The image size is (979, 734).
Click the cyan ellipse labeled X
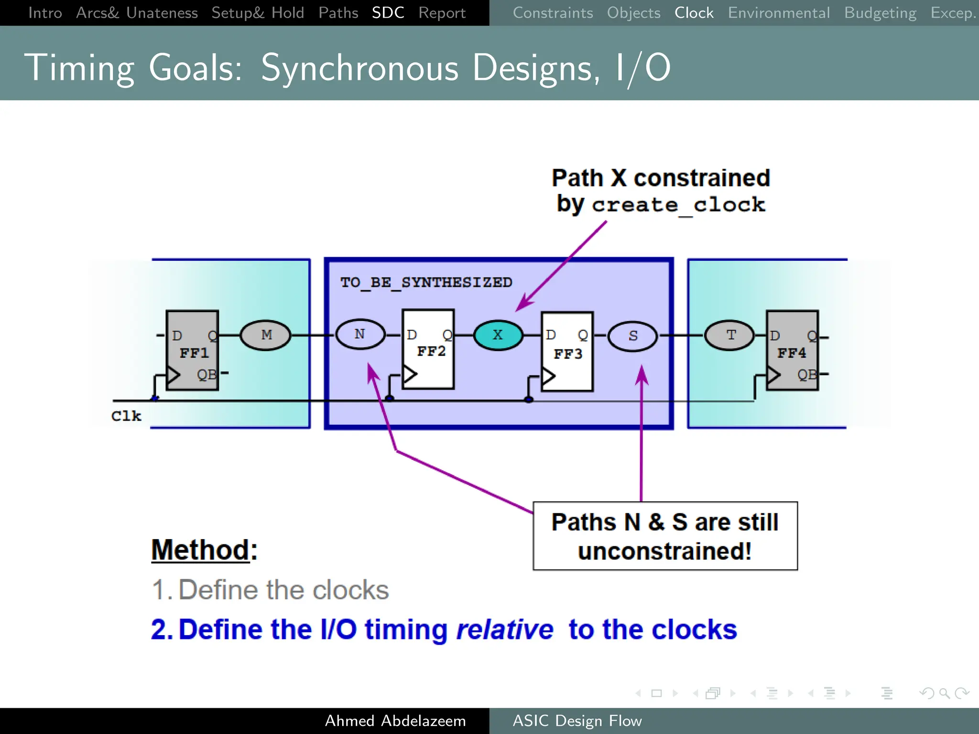click(x=498, y=335)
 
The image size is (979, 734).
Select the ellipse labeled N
click(x=360, y=335)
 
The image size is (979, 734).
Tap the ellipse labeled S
click(x=632, y=336)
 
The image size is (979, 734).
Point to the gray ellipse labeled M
click(x=266, y=335)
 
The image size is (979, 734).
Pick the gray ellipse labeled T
click(x=730, y=335)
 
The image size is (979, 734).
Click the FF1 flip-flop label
click(x=194, y=353)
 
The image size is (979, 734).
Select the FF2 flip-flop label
click(x=431, y=352)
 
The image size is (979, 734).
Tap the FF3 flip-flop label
click(x=568, y=354)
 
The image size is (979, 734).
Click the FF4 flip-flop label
click(x=792, y=353)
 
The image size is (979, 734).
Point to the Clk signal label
click(x=126, y=416)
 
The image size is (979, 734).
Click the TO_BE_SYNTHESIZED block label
click(x=426, y=282)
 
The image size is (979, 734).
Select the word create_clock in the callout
click(x=679, y=205)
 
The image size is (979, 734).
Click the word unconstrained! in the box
click(x=664, y=551)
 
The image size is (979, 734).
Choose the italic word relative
click(x=505, y=629)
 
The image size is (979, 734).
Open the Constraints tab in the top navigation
click(x=553, y=13)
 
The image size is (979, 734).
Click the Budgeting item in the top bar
click(x=880, y=13)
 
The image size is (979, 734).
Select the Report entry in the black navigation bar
click(x=442, y=13)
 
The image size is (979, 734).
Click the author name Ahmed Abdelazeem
click(x=395, y=721)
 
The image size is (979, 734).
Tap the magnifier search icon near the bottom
click(x=944, y=693)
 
